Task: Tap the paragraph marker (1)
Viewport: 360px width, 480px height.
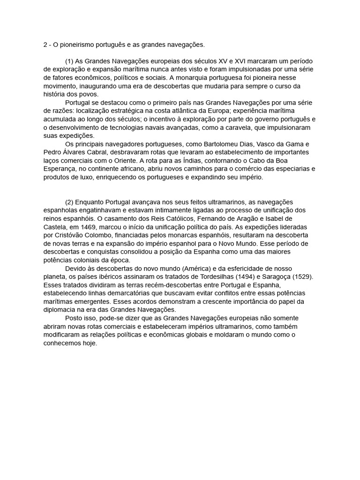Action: tap(69, 61)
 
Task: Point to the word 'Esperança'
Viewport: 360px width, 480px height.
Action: tap(59, 169)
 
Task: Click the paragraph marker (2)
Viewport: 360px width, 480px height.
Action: tap(69, 202)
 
